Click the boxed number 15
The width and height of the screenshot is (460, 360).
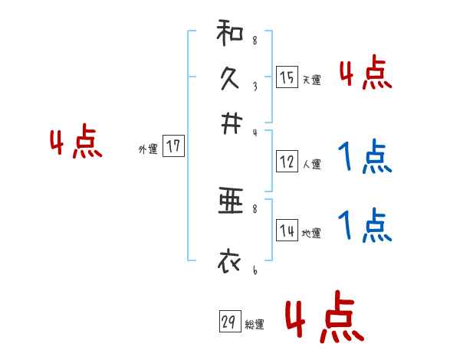pos(286,77)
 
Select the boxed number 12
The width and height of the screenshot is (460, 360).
pos(287,162)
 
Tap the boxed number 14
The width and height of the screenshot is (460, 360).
pos(287,231)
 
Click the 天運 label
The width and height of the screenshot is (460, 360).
pos(311,80)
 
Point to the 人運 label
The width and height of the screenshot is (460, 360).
pos(311,164)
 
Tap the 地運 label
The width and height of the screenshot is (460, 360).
pos(311,234)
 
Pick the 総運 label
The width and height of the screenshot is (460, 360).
pos(254,325)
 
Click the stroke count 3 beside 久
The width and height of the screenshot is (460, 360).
pos(254,87)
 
